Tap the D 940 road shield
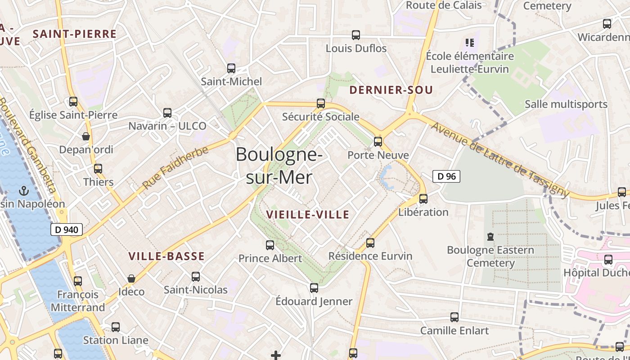point(67,229)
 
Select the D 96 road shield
point(446,176)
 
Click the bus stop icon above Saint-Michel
point(231,68)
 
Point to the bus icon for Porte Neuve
point(378,142)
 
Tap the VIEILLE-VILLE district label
point(308,215)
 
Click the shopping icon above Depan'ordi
point(85,136)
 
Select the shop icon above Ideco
point(131,279)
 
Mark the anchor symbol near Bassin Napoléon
point(23,191)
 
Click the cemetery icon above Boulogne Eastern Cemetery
point(490,236)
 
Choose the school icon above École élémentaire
point(470,43)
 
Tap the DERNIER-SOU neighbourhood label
point(391,90)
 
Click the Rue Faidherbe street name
point(175,167)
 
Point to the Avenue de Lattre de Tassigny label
point(499,159)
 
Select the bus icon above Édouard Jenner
point(314,288)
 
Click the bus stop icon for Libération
point(423,198)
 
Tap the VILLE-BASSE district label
point(166,256)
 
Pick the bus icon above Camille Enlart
point(454,317)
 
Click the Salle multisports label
point(566,104)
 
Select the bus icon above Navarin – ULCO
point(167,112)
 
